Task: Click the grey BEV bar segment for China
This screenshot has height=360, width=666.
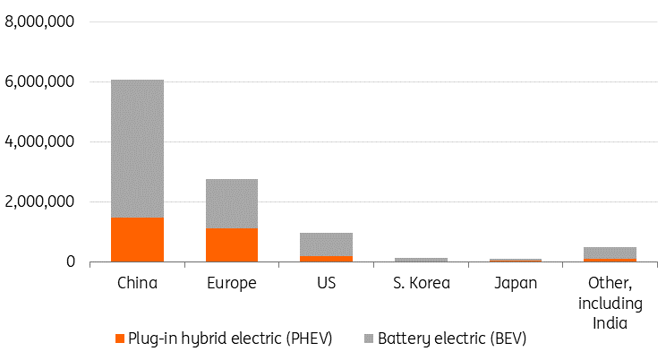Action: click(138, 148)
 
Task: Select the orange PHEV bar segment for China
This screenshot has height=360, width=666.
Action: click(138, 239)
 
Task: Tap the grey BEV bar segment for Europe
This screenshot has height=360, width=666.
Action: click(231, 203)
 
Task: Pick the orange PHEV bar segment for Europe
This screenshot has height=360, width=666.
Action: click(231, 244)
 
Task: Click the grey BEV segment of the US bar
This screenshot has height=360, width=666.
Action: click(326, 244)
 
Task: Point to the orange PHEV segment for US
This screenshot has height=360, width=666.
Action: click(326, 259)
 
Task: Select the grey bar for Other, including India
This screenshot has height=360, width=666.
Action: click(610, 253)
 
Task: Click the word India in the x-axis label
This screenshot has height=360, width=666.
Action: click(610, 321)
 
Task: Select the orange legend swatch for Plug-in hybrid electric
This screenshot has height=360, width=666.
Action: click(121, 339)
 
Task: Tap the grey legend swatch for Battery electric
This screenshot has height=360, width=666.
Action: click(369, 339)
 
